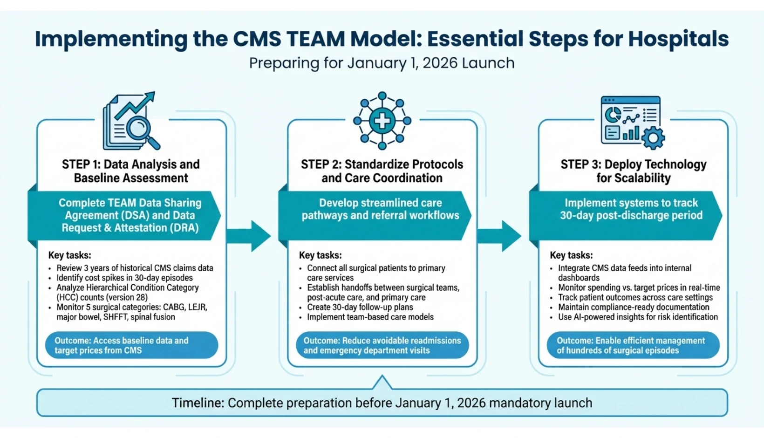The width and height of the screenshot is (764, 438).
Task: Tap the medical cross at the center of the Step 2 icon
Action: (382, 121)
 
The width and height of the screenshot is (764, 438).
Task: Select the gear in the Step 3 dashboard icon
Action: (653, 137)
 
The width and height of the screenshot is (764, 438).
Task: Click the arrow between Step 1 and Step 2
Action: (249, 236)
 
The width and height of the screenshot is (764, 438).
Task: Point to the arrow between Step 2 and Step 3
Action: (500, 236)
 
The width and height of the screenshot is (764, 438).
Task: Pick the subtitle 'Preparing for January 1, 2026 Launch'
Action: (382, 63)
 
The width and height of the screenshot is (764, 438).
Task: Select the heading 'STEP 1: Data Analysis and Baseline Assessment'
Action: (131, 171)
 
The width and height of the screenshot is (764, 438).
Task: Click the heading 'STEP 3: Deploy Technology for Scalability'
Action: (633, 171)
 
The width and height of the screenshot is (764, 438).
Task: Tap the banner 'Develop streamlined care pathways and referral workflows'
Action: (380, 209)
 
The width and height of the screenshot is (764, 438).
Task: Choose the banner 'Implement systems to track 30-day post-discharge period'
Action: (631, 209)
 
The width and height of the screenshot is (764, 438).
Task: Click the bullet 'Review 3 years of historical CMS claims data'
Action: (135, 268)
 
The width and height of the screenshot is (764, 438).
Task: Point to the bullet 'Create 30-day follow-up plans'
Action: (360, 307)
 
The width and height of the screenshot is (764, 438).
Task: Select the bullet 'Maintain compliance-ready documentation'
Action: (633, 307)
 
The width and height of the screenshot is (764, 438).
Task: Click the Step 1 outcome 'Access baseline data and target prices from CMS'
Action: (131, 345)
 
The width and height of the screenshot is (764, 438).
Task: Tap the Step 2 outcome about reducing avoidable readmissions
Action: (382, 345)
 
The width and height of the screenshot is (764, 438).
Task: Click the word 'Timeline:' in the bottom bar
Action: (198, 403)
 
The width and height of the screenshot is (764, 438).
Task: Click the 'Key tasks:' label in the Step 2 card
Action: (320, 255)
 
